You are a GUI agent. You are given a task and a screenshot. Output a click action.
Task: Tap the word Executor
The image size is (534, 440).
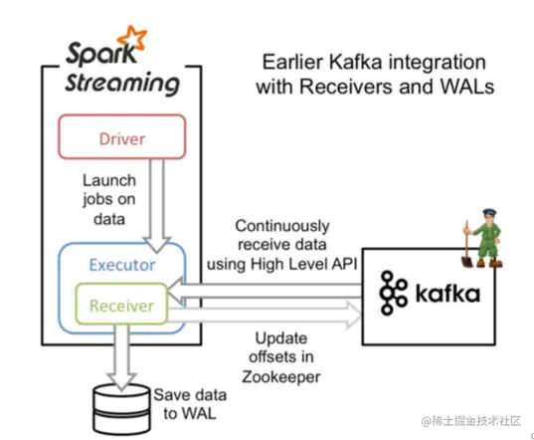tap(122, 265)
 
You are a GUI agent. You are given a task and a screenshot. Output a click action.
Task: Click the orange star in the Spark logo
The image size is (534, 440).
tap(132, 37)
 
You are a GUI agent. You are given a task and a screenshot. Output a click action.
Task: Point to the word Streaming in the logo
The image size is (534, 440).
tap(122, 84)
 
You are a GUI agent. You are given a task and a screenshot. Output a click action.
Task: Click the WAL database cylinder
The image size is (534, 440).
tap(121, 409)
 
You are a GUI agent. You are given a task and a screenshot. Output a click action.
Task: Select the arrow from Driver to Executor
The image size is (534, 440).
tap(157, 205)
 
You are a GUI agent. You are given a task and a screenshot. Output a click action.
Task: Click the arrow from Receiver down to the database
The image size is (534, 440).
tap(122, 356)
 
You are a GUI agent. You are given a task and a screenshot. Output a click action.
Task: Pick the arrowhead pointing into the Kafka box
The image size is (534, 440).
tap(353, 315)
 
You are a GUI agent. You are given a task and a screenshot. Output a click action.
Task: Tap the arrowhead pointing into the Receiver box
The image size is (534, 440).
tap(175, 291)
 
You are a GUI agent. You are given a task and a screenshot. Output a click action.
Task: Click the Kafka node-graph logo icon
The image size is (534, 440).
tap(393, 293)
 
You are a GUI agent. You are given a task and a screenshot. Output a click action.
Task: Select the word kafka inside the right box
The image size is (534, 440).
tap(447, 293)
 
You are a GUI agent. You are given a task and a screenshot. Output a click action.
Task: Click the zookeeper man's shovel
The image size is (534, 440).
tap(467, 246)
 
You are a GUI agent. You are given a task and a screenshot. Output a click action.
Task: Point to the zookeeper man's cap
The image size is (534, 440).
tap(489, 212)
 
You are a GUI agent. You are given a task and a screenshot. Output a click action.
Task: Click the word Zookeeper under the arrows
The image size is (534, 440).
tap(281, 377)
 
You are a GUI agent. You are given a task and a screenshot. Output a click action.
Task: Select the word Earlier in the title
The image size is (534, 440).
tap(292, 63)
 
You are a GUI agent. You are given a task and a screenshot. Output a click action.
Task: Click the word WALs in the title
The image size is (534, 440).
tap(467, 87)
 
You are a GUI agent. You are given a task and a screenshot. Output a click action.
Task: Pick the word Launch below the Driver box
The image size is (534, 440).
tap(109, 180)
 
